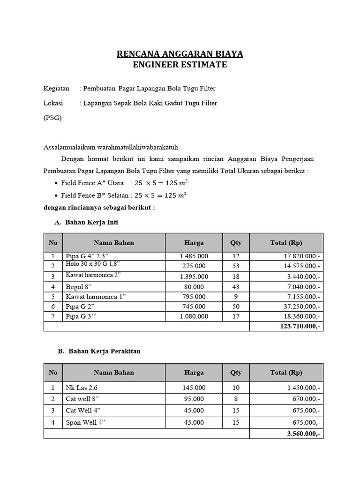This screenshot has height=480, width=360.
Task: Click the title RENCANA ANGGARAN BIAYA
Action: click(180, 54)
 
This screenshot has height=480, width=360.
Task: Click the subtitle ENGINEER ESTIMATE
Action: click(180, 65)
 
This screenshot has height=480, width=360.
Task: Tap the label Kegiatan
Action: click(56, 88)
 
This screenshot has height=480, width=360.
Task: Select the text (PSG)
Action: click(52, 118)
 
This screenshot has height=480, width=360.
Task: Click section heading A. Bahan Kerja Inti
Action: click(86, 222)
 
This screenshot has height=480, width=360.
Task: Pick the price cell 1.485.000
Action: click(194, 256)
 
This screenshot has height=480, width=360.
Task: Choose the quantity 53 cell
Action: click(236, 266)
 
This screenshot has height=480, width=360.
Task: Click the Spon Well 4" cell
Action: click(86, 422)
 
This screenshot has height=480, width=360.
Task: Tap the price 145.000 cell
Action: click(194, 388)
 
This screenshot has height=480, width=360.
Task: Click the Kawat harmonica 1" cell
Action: click(96, 296)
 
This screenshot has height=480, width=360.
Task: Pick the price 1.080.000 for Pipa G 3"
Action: click(194, 316)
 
